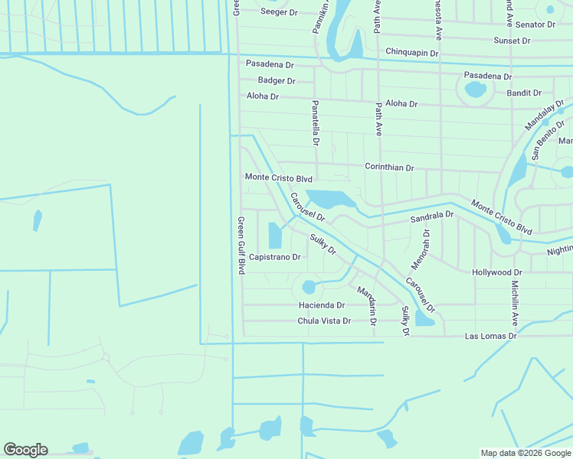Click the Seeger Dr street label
click(279, 12)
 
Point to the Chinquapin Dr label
click(411, 53)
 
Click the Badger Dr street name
click(277, 80)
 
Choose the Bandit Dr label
click(525, 93)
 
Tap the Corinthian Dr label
click(389, 168)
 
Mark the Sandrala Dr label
click(432, 218)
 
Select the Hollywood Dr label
click(497, 272)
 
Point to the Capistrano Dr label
click(274, 257)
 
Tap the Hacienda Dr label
click(322, 305)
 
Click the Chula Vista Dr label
click(324, 321)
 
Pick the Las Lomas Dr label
click(492, 336)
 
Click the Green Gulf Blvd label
click(241, 246)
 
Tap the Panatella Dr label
click(315, 122)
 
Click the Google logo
click(25, 450)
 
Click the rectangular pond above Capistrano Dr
click(275, 234)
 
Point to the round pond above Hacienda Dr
click(309, 288)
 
